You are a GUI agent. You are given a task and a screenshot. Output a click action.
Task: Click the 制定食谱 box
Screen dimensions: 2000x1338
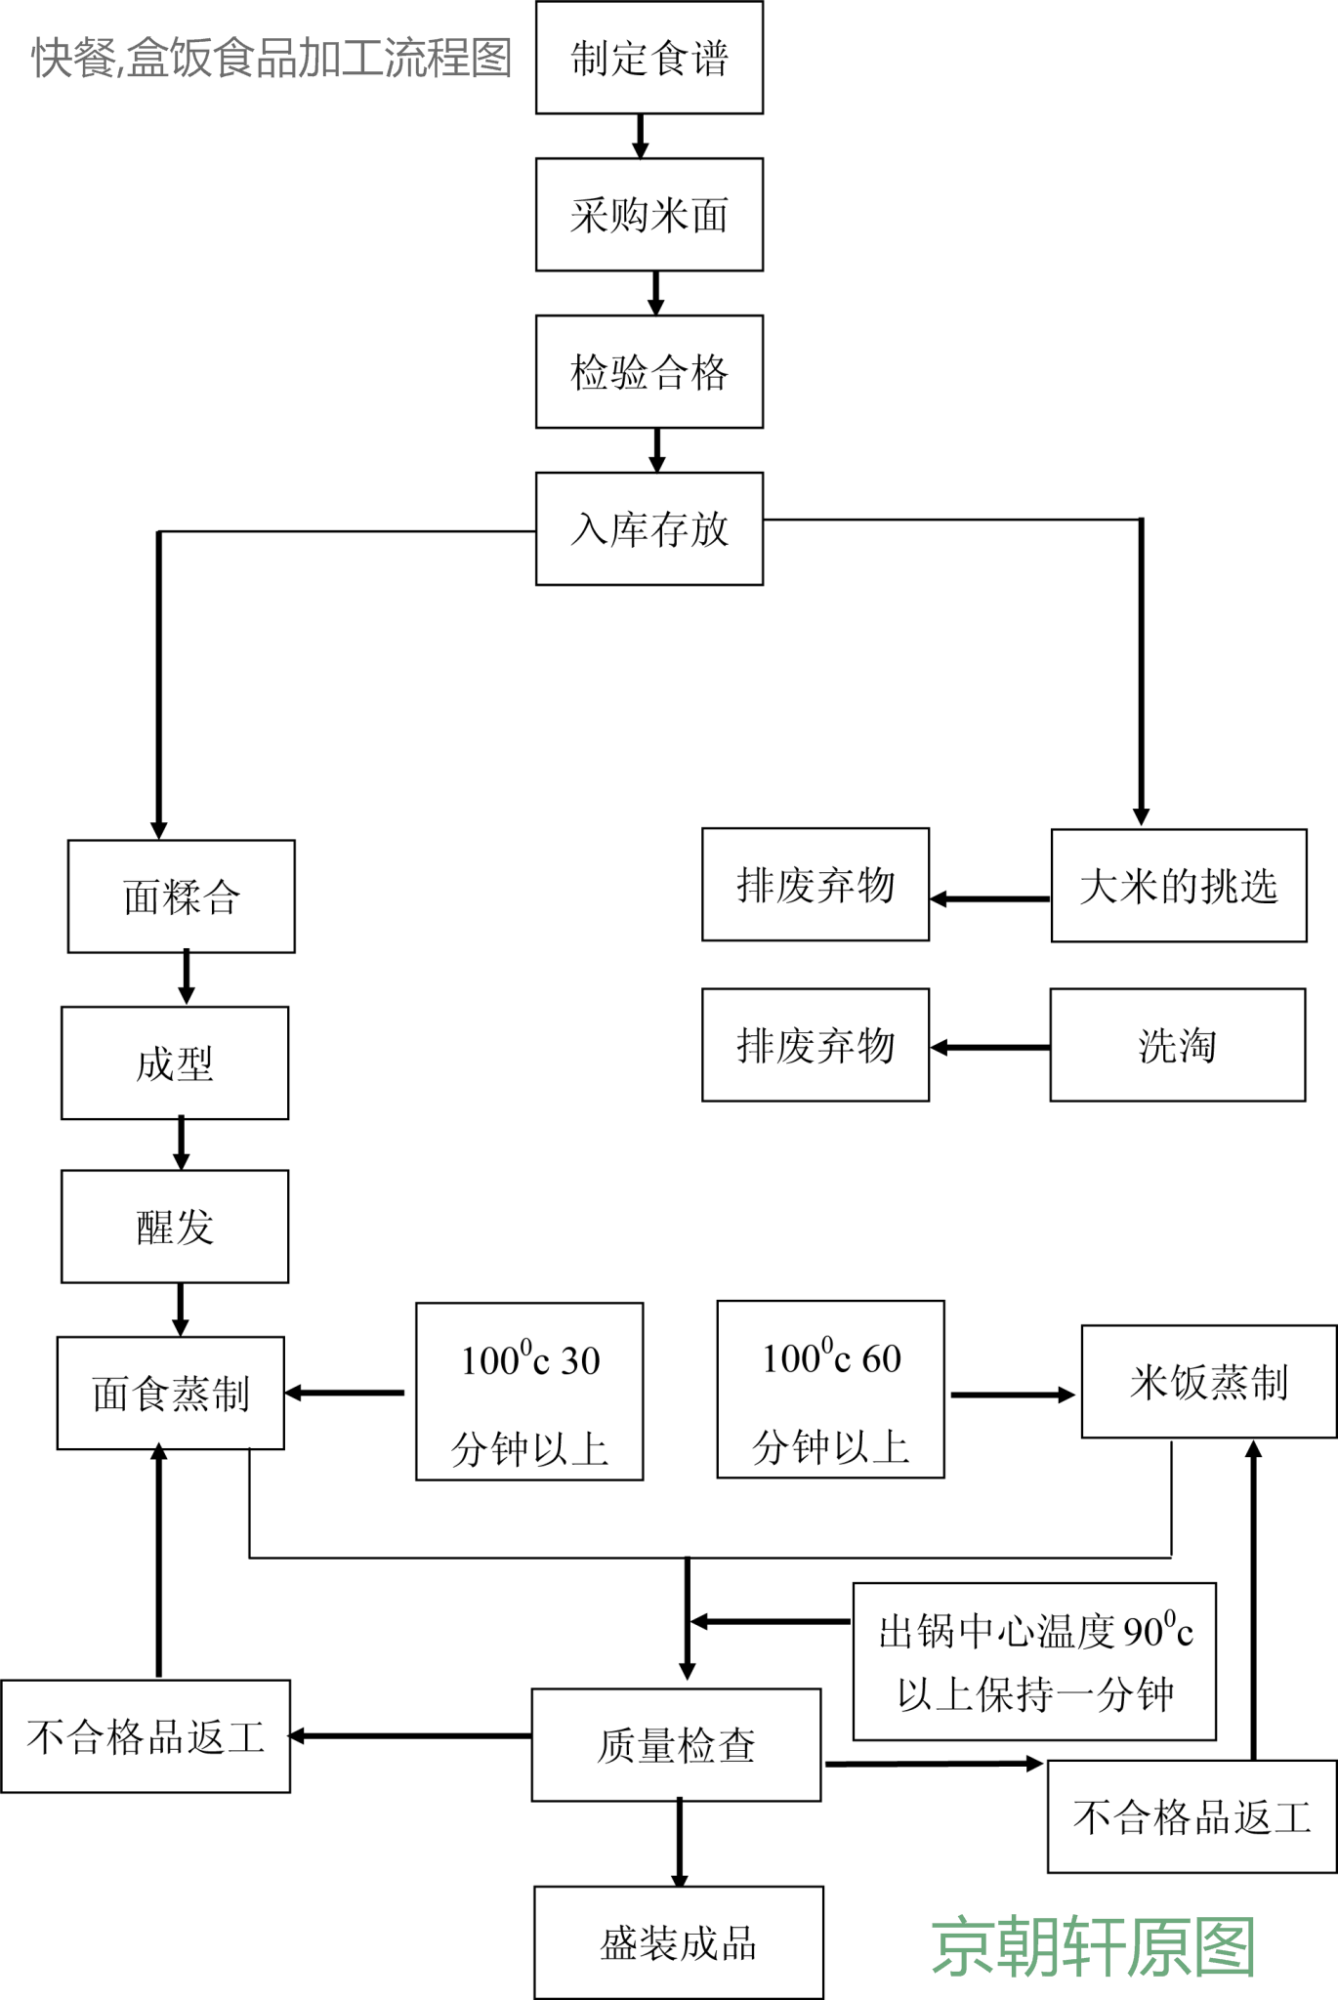click(x=648, y=58)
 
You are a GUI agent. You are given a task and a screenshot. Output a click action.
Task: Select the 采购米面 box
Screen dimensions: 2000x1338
click(x=648, y=215)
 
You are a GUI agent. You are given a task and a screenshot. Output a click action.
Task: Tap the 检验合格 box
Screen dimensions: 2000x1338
click(x=648, y=372)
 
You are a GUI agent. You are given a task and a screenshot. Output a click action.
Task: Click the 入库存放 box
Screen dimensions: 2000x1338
click(x=648, y=529)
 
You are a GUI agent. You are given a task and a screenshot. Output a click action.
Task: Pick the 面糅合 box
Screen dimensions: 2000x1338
click(x=181, y=896)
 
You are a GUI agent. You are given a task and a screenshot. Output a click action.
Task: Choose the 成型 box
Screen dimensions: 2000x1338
click(x=174, y=1063)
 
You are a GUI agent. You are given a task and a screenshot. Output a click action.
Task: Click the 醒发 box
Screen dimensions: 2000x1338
click(x=174, y=1227)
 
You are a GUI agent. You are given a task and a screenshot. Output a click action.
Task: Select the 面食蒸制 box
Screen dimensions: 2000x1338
click(x=170, y=1394)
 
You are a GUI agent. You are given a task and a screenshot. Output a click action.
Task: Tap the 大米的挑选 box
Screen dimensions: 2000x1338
click(x=1178, y=886)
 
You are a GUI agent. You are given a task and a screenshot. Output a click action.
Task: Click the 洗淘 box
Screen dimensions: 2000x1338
click(x=1177, y=1045)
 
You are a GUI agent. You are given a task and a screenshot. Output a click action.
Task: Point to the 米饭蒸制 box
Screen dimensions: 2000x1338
click(x=1208, y=1382)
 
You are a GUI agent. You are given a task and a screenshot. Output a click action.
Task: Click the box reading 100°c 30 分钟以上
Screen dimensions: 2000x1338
click(x=529, y=1392)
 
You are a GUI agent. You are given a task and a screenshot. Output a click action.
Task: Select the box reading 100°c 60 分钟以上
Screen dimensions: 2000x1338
click(x=830, y=1390)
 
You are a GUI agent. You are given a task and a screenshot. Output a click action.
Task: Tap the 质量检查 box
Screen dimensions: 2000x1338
click(x=676, y=1745)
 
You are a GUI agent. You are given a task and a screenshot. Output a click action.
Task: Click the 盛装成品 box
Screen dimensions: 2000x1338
click(x=678, y=1942)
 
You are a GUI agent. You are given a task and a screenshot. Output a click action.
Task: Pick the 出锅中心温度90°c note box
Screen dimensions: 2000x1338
click(x=1034, y=1662)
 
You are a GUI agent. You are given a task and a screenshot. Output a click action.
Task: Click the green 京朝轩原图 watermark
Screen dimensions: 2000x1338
click(x=1093, y=1946)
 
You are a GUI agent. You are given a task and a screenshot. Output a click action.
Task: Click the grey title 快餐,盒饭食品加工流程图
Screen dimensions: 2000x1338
click(x=272, y=58)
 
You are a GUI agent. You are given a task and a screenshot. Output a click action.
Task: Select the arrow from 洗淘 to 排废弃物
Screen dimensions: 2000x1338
click(x=988, y=1048)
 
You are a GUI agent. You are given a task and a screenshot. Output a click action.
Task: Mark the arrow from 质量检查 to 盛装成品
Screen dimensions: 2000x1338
click(x=680, y=1843)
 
